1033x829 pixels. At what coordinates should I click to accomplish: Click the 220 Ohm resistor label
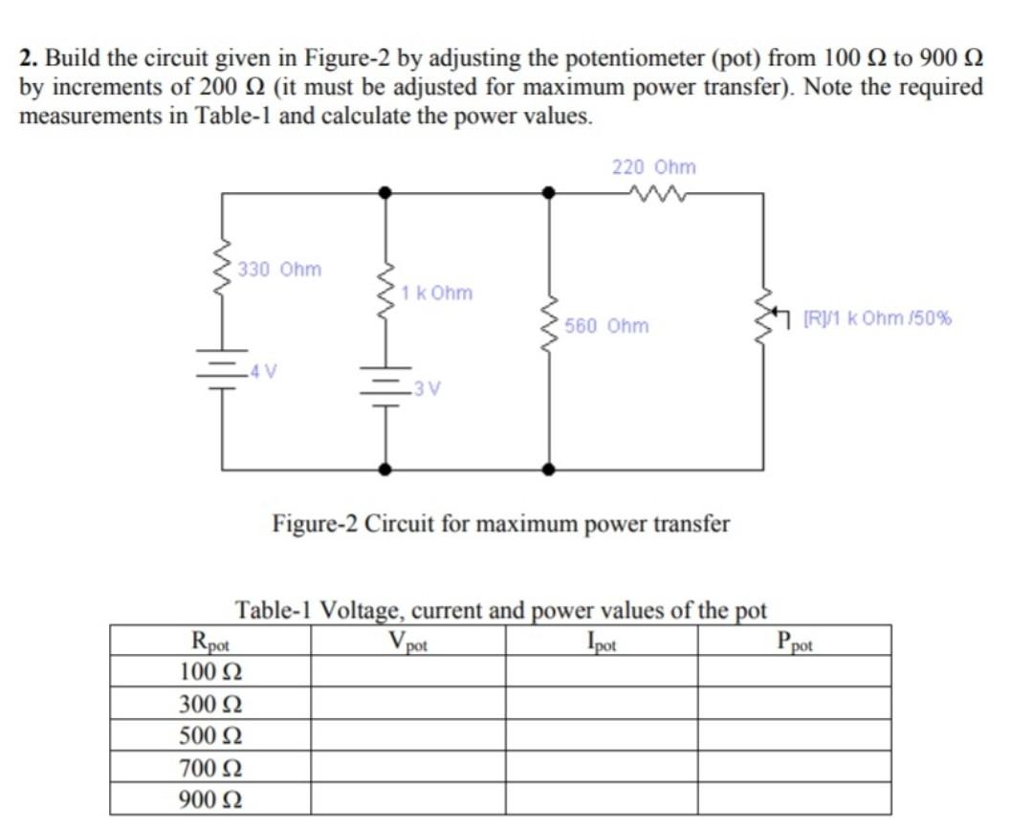654,167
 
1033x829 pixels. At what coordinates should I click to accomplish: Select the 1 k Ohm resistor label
437,293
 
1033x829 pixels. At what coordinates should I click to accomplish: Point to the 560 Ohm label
606,326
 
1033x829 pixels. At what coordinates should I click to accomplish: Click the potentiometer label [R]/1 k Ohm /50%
877,318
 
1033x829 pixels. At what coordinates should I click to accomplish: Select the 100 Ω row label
210,671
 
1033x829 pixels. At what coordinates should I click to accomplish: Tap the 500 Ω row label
210,736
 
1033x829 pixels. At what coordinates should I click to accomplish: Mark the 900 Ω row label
210,799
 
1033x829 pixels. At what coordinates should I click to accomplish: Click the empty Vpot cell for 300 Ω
407,705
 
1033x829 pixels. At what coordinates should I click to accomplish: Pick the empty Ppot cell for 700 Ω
795,768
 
